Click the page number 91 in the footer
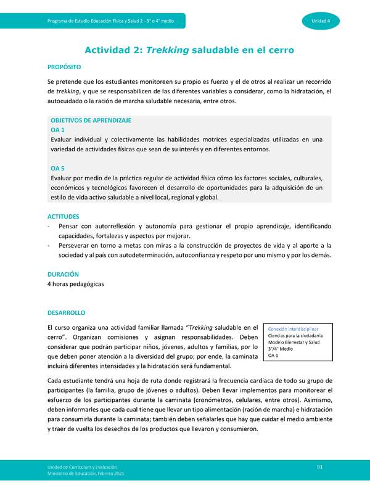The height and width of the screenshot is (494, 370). [x=320, y=466]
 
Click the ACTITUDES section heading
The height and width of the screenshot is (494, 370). [x=64, y=216]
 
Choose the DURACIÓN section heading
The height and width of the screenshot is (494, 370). [x=63, y=274]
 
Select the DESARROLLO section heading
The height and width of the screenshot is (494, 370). [x=66, y=313]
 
